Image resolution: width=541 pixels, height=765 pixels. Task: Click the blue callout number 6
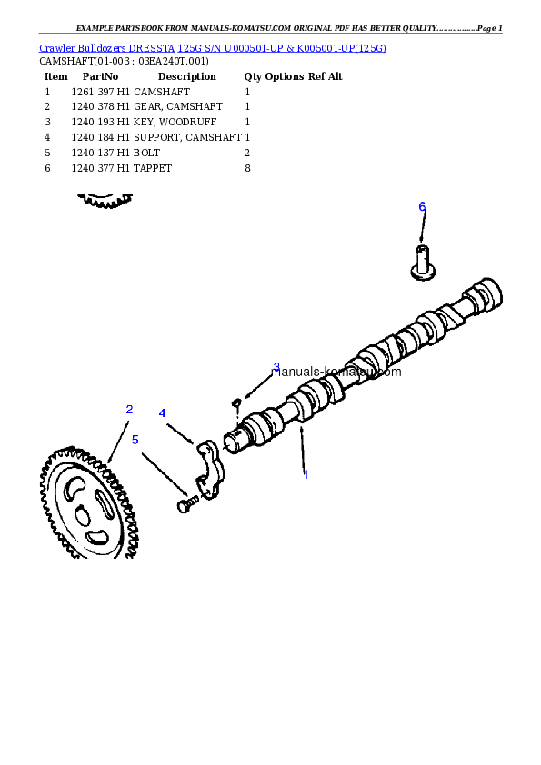423,207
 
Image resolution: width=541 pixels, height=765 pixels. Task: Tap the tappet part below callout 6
423,263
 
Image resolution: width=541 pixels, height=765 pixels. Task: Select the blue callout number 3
276,366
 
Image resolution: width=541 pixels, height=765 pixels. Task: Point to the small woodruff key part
236,402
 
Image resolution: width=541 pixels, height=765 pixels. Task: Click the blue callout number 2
129,410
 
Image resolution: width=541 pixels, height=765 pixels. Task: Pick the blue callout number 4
162,413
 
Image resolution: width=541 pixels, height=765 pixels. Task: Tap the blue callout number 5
135,440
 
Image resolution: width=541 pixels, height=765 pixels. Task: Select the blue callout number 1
306,474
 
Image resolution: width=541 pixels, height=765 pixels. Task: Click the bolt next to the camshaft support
187,504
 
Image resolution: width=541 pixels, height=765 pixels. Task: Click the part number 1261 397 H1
101,92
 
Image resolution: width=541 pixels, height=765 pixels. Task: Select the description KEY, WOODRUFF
175,122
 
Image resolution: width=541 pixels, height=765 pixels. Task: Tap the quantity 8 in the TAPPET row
247,168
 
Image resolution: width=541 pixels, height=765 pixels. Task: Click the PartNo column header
100,76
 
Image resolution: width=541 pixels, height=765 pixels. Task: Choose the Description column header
187,76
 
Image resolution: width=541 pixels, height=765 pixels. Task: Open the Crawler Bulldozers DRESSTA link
107,48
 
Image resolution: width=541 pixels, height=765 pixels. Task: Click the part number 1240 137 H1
101,153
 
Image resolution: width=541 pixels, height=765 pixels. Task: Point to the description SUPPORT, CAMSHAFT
188,137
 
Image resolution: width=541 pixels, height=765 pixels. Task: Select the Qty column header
253,76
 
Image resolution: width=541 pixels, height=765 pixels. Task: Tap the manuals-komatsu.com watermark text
336,372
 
